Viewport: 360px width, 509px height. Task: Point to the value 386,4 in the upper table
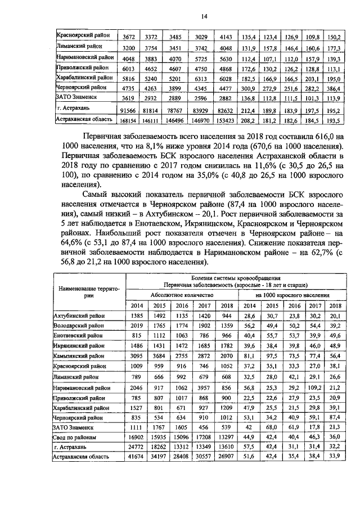pyautogui.click(x=335, y=88)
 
